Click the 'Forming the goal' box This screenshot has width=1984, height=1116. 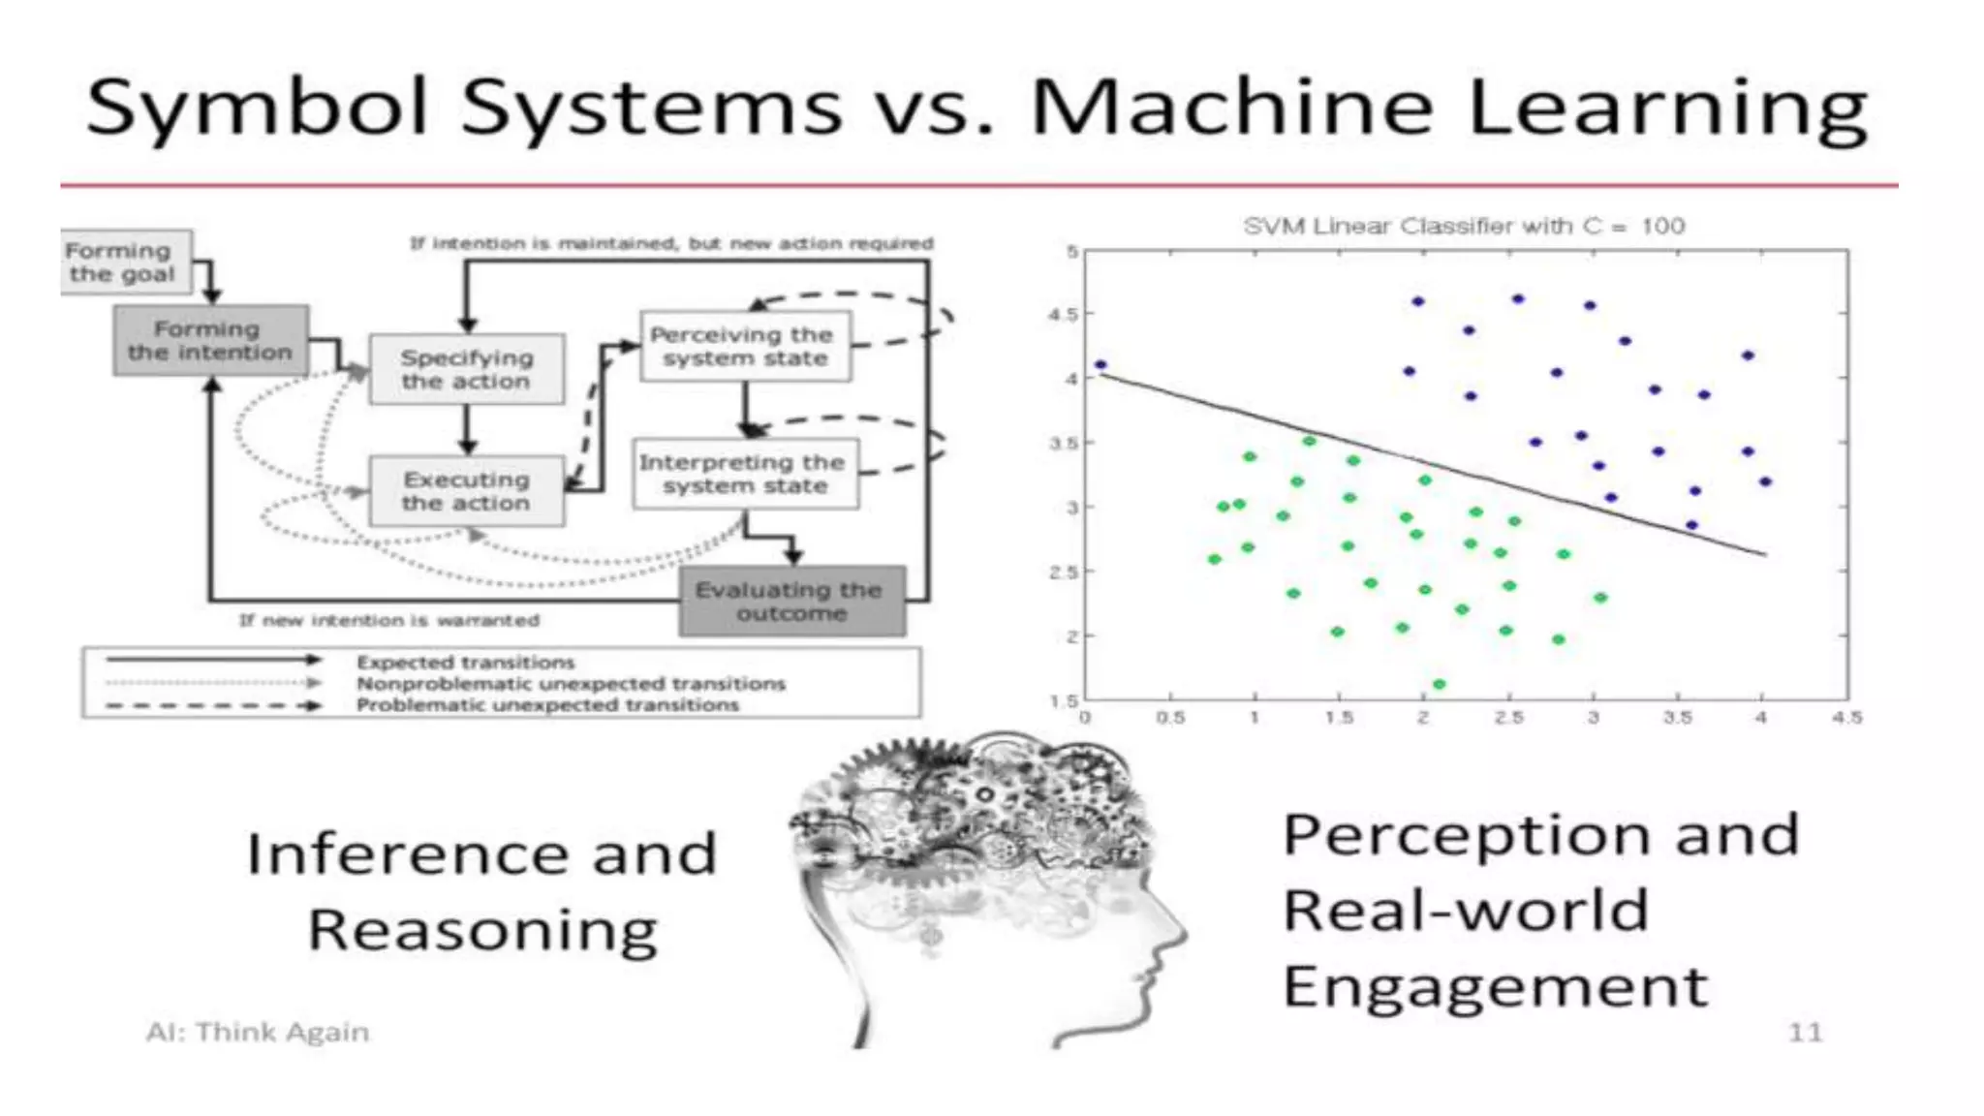[x=123, y=262]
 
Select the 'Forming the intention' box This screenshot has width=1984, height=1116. [x=210, y=341]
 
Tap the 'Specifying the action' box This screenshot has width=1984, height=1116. [x=466, y=369]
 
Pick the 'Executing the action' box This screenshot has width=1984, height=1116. [x=466, y=491]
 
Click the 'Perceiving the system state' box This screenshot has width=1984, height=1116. [x=744, y=346]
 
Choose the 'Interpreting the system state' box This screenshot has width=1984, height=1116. [x=744, y=474]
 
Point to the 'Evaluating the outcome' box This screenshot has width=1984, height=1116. [x=790, y=602]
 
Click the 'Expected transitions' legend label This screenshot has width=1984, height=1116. [x=465, y=663]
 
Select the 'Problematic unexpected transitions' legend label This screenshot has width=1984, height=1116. [x=547, y=705]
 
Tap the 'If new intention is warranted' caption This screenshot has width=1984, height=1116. [x=389, y=620]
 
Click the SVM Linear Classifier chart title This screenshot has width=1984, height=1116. [x=1464, y=227]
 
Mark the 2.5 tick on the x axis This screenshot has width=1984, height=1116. [x=1508, y=718]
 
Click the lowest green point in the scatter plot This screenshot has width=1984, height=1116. [x=1440, y=684]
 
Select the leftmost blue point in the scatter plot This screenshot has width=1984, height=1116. [x=1100, y=365]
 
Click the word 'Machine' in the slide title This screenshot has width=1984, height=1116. [x=1230, y=107]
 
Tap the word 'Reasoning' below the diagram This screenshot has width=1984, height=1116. [x=482, y=931]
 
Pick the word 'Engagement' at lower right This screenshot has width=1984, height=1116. [x=1495, y=988]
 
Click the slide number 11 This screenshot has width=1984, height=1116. [x=1805, y=1033]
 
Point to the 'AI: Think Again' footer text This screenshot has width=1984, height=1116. [x=258, y=1033]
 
